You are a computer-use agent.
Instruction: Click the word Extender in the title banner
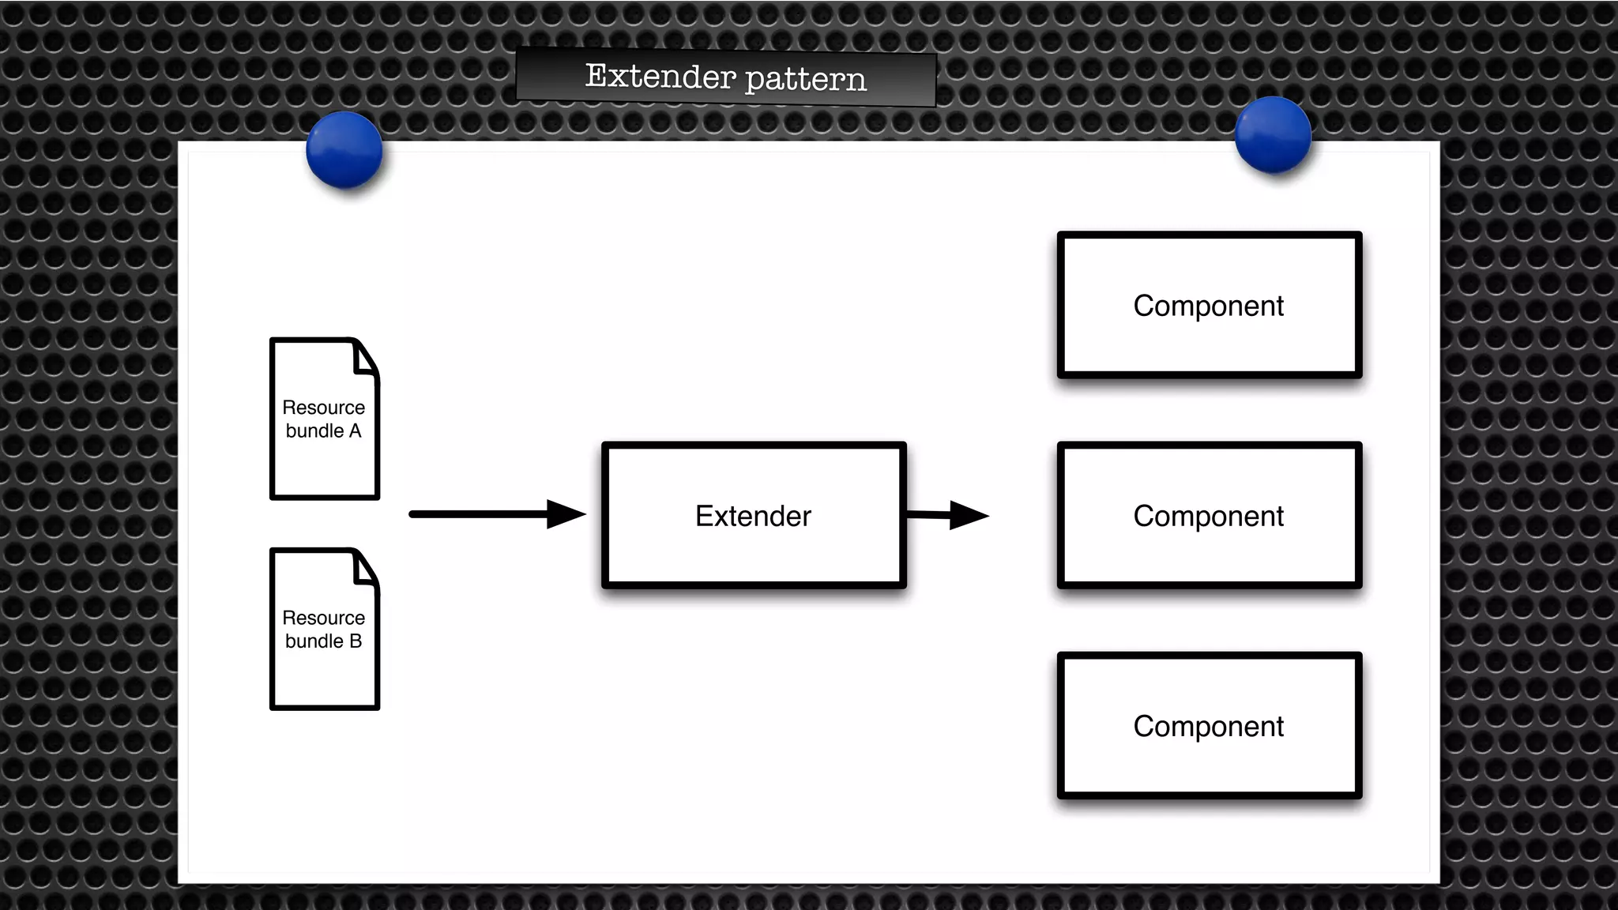coord(660,77)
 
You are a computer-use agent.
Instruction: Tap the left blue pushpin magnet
coord(344,150)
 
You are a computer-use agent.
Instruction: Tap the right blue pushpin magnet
coord(1273,135)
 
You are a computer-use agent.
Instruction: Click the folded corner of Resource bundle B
coord(365,568)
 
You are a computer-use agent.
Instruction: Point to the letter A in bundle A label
coord(355,431)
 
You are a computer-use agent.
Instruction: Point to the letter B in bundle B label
coord(356,641)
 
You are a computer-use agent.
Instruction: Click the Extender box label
coord(753,516)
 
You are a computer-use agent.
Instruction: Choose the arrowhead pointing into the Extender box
coord(565,514)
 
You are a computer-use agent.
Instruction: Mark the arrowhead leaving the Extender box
coord(968,515)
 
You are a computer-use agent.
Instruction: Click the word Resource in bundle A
coord(323,408)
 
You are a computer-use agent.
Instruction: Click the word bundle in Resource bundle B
coord(314,641)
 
